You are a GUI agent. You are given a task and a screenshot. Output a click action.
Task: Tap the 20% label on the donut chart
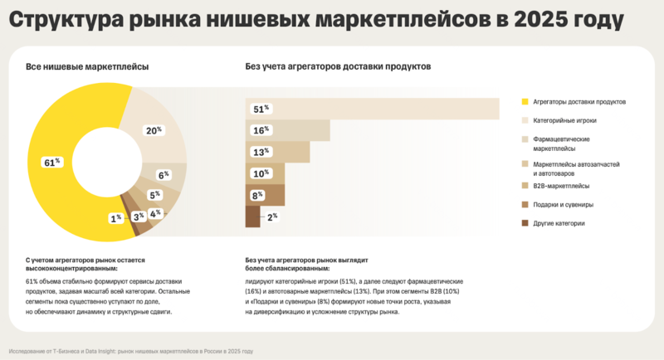click(154, 130)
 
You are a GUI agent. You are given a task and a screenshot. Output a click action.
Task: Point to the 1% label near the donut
click(115, 217)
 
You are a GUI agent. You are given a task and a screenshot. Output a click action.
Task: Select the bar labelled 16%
click(287, 130)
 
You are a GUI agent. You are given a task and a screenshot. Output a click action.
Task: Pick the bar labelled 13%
click(277, 152)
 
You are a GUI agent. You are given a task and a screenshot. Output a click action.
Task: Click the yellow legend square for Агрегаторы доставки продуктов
click(524, 101)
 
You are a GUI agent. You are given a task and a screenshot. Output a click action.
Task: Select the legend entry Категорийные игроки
click(563, 120)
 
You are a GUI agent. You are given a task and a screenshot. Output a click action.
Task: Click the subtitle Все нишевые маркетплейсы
click(81, 66)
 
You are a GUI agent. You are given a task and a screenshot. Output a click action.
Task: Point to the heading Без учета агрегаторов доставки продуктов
click(338, 66)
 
